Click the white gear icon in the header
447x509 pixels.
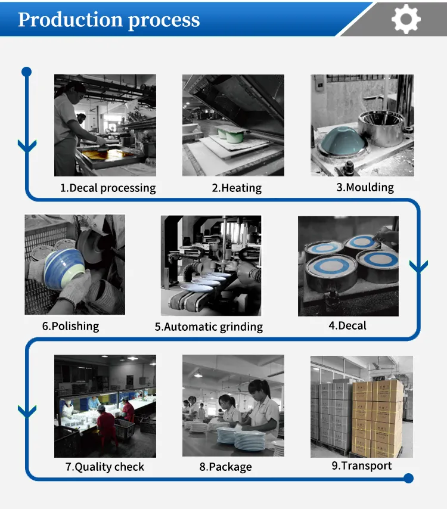point(406,19)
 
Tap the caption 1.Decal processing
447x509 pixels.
point(108,188)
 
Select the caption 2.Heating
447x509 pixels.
point(237,188)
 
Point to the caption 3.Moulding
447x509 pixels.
point(365,187)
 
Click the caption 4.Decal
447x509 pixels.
point(347,325)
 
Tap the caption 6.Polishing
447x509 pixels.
point(70,326)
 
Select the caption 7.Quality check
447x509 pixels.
point(105,467)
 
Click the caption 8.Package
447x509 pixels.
point(225,467)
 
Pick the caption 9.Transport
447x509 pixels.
point(362,465)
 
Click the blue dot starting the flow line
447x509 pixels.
point(26,72)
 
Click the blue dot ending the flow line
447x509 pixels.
point(408,478)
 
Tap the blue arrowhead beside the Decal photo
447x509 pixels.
point(419,266)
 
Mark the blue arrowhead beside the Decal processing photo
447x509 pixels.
point(27,145)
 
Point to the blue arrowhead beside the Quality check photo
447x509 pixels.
point(27,411)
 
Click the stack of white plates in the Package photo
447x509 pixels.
point(249,440)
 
